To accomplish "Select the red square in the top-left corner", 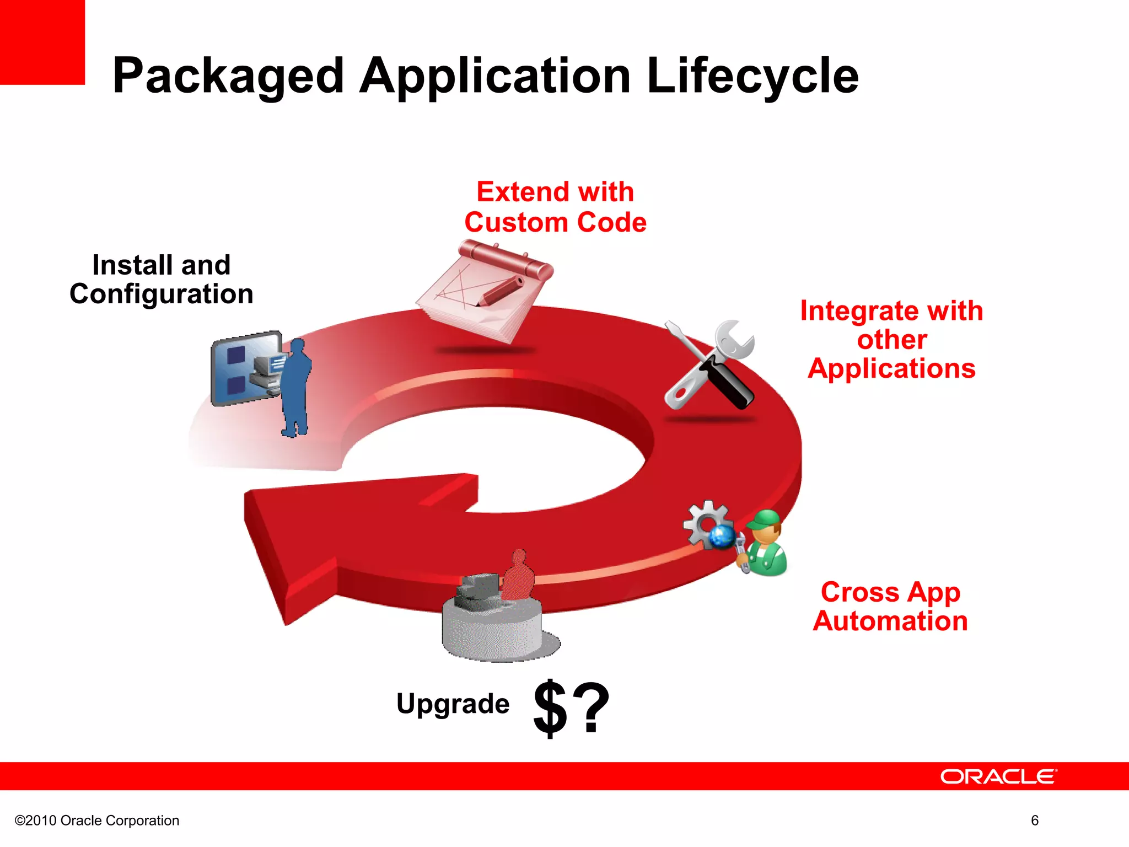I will pyautogui.click(x=42, y=42).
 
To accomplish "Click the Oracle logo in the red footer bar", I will pyautogui.click(x=998, y=776).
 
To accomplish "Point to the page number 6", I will pyautogui.click(x=1035, y=821).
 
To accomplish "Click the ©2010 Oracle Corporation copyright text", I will pyautogui.click(x=97, y=821).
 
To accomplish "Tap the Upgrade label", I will pyautogui.click(x=453, y=704).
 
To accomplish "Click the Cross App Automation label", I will pyautogui.click(x=890, y=607).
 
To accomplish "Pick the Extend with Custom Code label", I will pyautogui.click(x=555, y=207).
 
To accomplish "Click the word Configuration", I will pyautogui.click(x=162, y=294).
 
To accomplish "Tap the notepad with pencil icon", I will pyautogui.click(x=484, y=290).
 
